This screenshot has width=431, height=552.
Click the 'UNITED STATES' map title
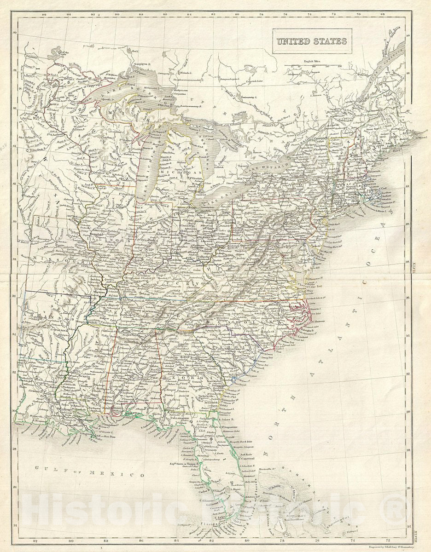(311, 41)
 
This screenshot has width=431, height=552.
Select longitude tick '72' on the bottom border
(388, 541)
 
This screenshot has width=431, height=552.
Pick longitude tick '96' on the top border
(44, 14)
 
